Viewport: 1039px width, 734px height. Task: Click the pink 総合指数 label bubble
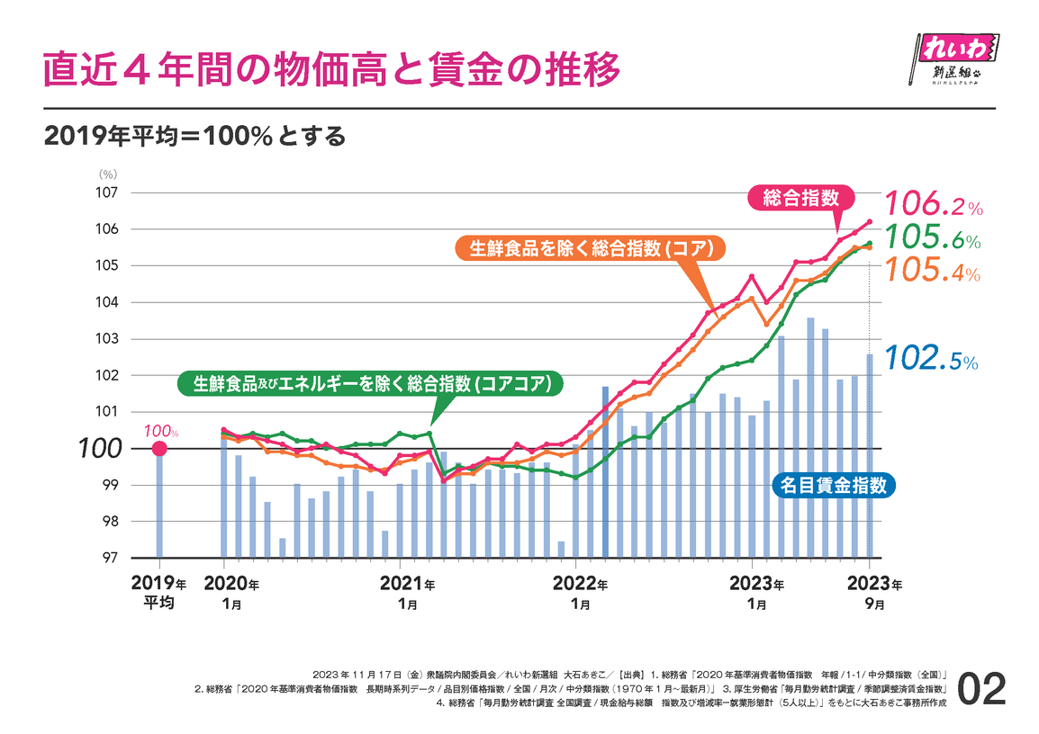tap(800, 198)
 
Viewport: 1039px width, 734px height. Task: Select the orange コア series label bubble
tap(585, 249)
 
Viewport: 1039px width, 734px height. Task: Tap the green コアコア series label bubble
tap(369, 384)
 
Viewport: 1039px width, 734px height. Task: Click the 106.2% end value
tap(933, 205)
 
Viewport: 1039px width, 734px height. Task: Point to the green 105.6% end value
tap(933, 237)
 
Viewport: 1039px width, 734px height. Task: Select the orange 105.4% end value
tap(933, 269)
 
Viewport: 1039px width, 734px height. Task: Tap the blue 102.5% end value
tap(931, 359)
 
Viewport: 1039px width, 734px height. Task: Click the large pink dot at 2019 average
tap(159, 448)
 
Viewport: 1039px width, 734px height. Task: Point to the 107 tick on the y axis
tap(107, 192)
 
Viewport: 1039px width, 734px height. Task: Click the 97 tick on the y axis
tap(111, 558)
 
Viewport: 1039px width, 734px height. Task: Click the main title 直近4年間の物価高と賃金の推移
tap(332, 68)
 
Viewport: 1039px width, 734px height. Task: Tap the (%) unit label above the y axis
tap(107, 174)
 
